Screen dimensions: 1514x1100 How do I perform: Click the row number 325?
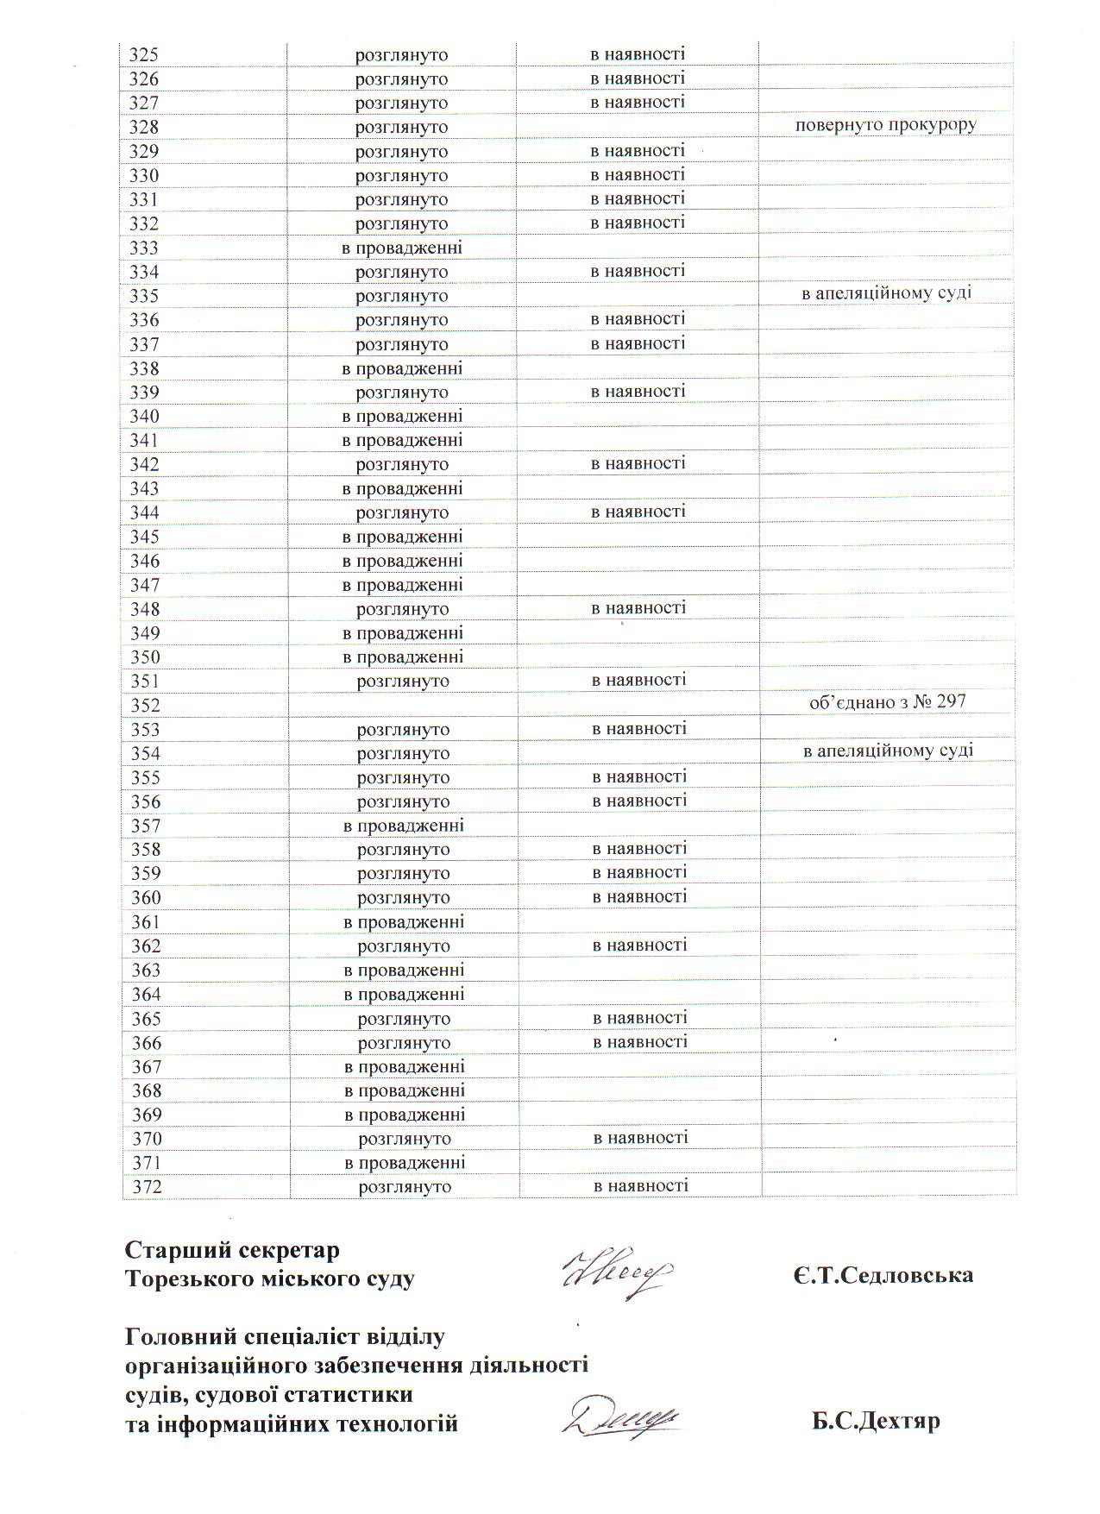(144, 55)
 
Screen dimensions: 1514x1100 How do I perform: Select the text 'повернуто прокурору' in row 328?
(886, 125)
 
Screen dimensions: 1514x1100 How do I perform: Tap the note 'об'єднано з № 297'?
(887, 702)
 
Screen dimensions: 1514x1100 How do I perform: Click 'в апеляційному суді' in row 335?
(887, 293)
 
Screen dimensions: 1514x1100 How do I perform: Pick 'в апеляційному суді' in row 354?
(888, 751)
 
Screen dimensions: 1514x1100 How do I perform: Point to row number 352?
(146, 706)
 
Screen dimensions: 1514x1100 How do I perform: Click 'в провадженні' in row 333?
(402, 248)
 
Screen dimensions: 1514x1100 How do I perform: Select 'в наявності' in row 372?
(641, 1185)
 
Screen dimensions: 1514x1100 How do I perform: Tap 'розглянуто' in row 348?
(403, 609)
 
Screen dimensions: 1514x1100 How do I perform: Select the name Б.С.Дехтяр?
(875, 1420)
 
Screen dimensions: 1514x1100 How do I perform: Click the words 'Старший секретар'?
(232, 1250)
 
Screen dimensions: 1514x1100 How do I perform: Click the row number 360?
(146, 898)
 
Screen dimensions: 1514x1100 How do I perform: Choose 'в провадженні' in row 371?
(405, 1162)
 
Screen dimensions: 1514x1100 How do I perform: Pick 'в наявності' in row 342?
(638, 463)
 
